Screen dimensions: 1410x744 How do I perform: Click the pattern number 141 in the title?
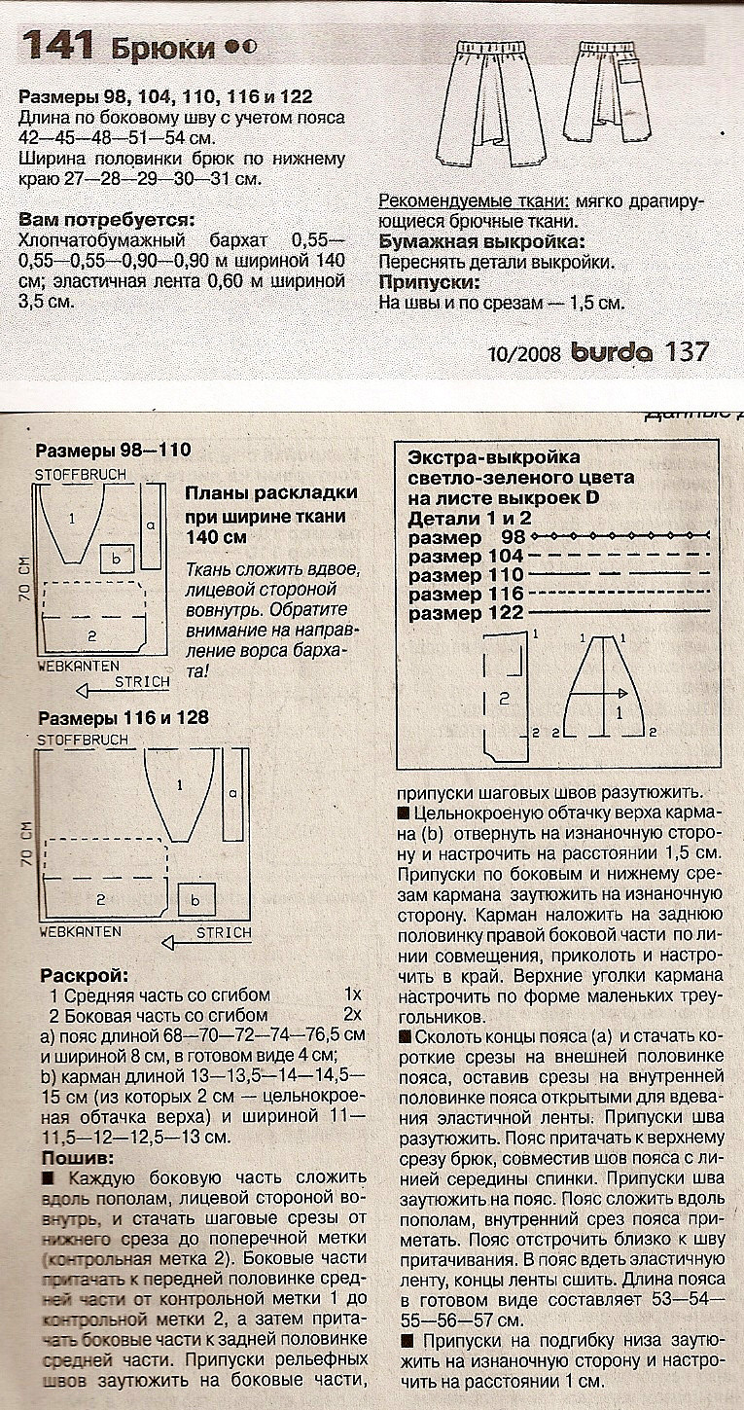[x=57, y=45]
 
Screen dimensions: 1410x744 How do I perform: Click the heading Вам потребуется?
[x=106, y=220]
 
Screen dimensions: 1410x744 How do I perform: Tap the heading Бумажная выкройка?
[x=481, y=242]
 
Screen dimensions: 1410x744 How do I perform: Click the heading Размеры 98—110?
[x=113, y=451]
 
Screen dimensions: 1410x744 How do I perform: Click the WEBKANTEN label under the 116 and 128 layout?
[x=80, y=931]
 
